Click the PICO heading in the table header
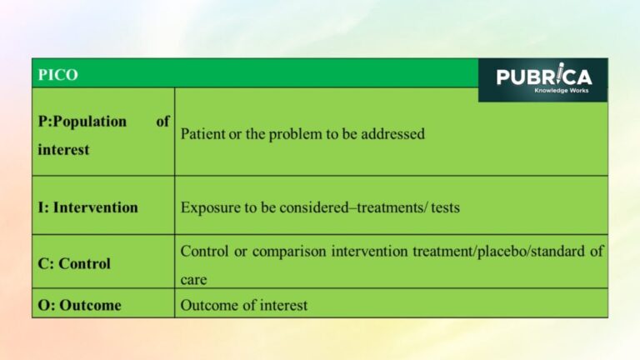[57, 74]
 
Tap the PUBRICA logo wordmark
[543, 77]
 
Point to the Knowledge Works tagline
[561, 90]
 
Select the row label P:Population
[82, 122]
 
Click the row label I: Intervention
[87, 207]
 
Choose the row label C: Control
[74, 263]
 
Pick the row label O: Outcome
[79, 305]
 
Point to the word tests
[445, 207]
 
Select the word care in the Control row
[193, 280]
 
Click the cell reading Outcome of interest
[243, 305]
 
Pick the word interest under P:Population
[63, 150]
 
